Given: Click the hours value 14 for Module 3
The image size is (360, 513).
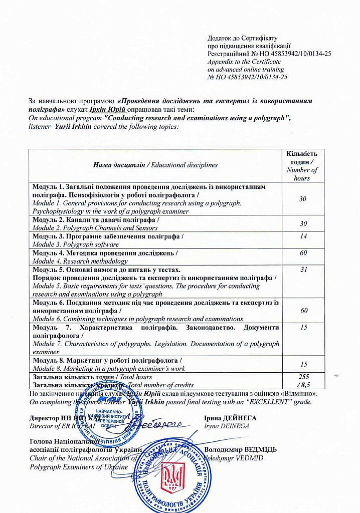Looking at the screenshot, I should pyautogui.click(x=303, y=235).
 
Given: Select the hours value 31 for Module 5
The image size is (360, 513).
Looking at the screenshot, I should pyautogui.click(x=303, y=270).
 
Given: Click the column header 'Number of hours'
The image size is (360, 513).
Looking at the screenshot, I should pyautogui.click(x=302, y=174).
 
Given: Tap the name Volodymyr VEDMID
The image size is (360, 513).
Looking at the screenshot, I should pyautogui.click(x=234, y=458).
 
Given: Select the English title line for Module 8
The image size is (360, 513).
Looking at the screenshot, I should pyautogui.click(x=109, y=368).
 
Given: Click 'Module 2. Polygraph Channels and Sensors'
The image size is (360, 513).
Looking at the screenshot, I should pyautogui.click(x=95, y=228).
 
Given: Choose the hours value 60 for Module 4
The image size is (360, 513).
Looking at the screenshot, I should pyautogui.click(x=303, y=252).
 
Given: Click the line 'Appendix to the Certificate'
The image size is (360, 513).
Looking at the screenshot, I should pyautogui.click(x=243, y=62).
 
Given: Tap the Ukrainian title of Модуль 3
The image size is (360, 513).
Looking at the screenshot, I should pyautogui.click(x=108, y=236).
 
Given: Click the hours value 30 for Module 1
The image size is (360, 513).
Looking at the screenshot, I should pyautogui.click(x=303, y=199).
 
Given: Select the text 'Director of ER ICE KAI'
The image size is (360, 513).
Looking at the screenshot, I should pyautogui.click(x=63, y=426).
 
